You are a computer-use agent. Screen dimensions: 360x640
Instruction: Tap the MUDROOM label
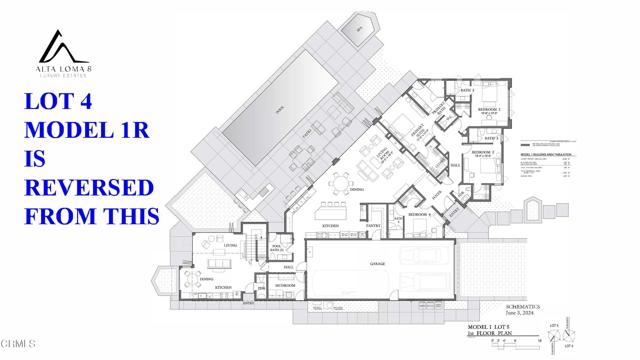pyautogui.click(x=284, y=285)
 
